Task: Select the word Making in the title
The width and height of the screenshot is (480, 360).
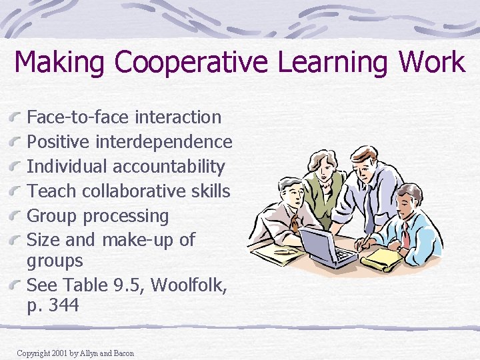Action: (x=60, y=63)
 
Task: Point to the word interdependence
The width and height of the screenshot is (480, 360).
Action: (x=164, y=142)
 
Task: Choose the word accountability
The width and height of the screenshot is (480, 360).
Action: (x=169, y=167)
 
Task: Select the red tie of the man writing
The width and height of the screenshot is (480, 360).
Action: (x=405, y=235)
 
